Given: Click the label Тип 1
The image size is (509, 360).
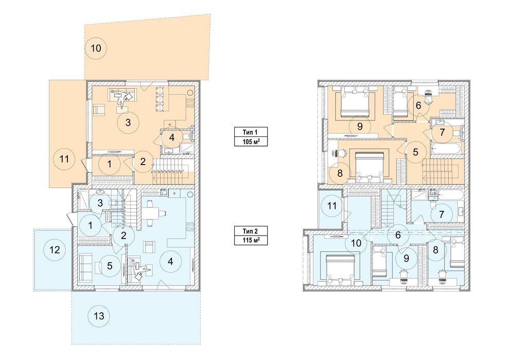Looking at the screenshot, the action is (250, 132).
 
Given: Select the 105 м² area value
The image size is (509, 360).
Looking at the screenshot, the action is (251, 141).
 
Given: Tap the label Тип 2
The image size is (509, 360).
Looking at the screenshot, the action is (250, 231).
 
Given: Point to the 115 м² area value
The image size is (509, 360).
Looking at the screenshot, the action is (251, 240).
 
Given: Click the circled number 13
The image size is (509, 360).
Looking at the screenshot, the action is (99, 316).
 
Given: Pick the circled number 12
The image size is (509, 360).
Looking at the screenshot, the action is (55, 250).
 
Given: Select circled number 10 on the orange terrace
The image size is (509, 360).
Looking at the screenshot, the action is (96, 48).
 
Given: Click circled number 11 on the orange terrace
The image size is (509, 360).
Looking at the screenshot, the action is (64, 159).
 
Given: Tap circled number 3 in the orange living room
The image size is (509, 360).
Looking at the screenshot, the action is (128, 122).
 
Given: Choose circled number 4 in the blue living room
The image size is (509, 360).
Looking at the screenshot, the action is (170, 261).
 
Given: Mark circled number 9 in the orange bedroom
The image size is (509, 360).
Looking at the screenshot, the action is (360, 126).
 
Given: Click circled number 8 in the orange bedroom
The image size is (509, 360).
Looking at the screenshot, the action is (340, 173).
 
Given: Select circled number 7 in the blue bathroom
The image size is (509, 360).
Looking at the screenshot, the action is (441, 214).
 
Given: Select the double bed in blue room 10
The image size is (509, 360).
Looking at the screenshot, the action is (339, 268).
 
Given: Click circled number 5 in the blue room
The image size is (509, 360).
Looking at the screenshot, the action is (110, 266).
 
